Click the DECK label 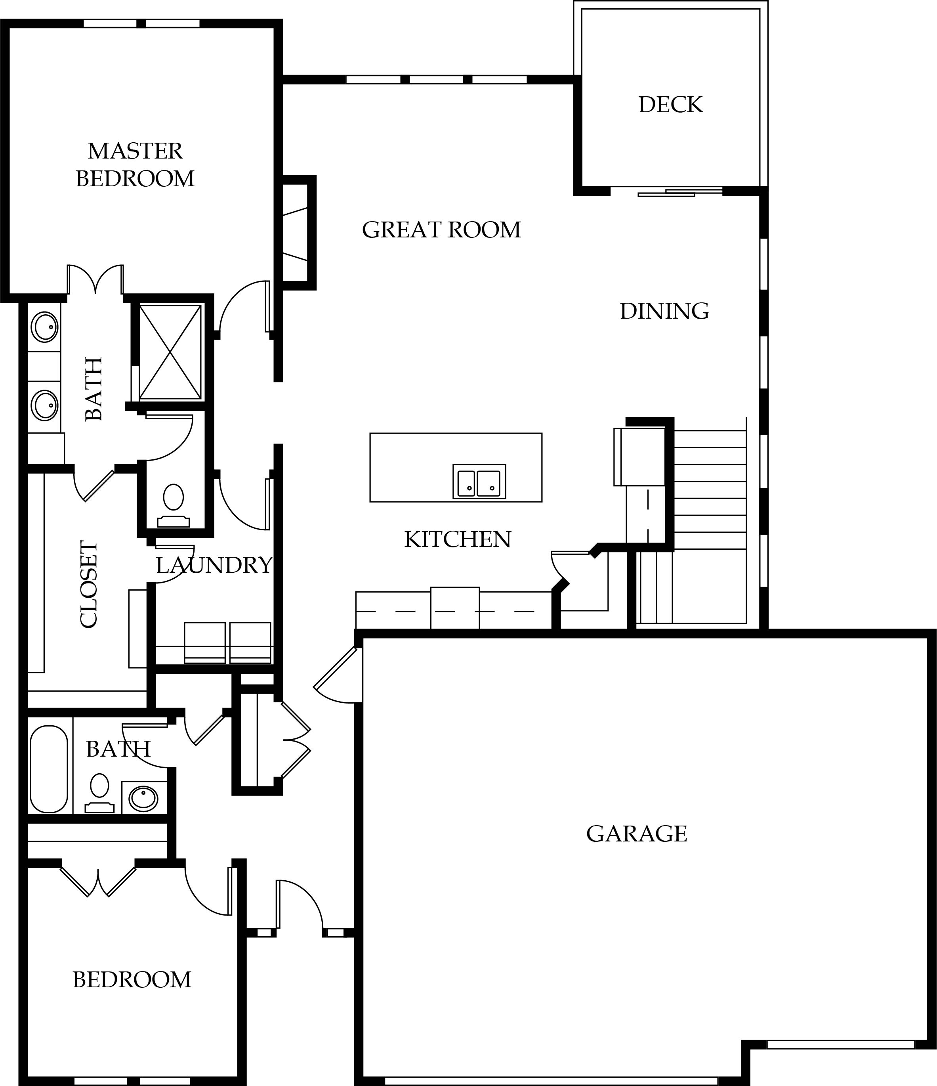[x=670, y=105]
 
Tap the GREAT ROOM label [x=441, y=229]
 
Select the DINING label [x=664, y=311]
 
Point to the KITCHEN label [x=458, y=539]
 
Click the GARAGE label [x=636, y=834]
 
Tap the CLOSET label [x=89, y=584]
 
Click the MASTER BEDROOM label [x=135, y=164]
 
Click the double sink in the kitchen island [x=479, y=481]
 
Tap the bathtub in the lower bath [x=49, y=769]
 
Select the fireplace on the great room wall [x=298, y=232]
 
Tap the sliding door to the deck [x=680, y=192]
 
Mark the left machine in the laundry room [x=205, y=642]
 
